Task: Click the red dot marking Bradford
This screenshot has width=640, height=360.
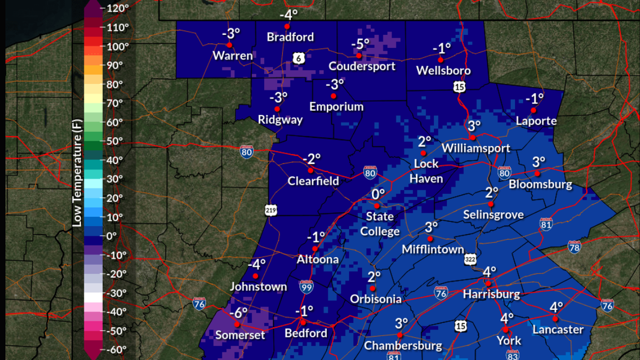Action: tap(287, 26)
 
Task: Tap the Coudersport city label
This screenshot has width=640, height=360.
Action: tap(362, 66)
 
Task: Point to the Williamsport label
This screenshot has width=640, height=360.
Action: tap(476, 148)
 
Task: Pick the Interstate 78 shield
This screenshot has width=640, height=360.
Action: tap(574, 247)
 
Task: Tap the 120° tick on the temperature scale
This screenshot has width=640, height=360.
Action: tap(118, 8)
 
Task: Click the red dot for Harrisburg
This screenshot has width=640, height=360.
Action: tap(488, 283)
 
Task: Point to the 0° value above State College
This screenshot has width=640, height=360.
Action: tap(378, 194)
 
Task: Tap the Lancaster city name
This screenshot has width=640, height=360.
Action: tap(558, 330)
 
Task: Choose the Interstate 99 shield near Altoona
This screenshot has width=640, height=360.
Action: tap(306, 288)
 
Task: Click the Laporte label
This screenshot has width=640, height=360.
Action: tap(537, 121)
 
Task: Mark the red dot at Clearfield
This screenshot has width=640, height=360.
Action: tap(310, 170)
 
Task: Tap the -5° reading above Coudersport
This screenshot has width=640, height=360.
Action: tap(360, 44)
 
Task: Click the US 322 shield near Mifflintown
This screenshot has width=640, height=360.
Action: tap(470, 259)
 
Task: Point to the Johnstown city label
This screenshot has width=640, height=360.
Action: tap(258, 286)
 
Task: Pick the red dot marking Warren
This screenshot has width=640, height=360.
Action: tap(229, 45)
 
